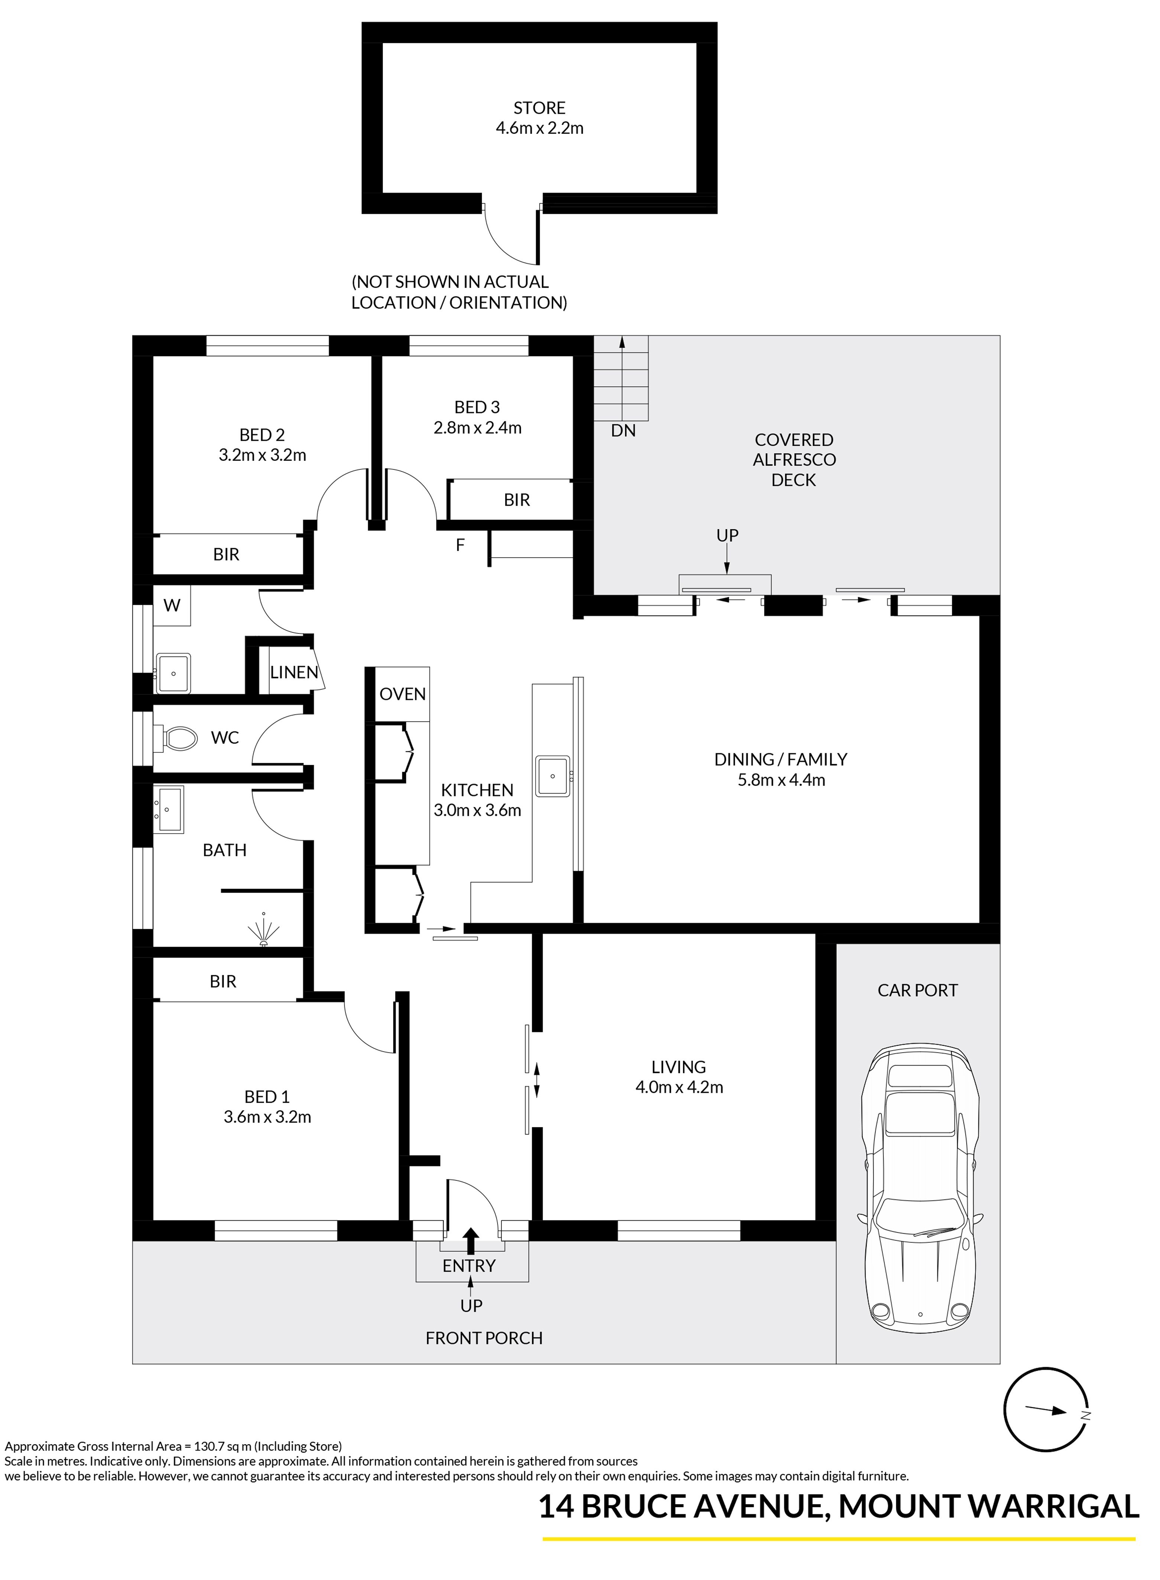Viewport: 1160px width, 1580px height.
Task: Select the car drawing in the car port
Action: click(x=920, y=1182)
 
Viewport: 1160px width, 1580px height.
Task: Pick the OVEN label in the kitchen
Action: click(x=402, y=694)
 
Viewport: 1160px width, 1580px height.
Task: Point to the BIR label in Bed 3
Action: click(x=517, y=500)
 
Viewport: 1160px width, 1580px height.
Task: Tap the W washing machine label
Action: click(x=172, y=605)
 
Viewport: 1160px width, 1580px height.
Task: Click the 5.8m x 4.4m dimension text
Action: click(x=781, y=780)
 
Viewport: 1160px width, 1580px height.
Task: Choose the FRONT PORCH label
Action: click(x=484, y=1338)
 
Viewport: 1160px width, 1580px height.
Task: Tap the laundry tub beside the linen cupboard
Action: click(x=173, y=673)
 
